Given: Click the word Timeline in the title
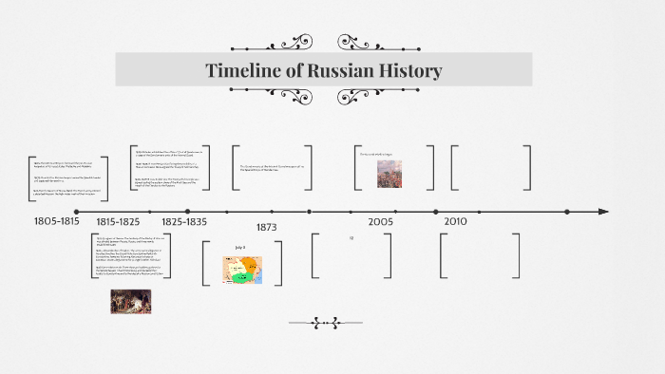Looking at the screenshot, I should [241, 71].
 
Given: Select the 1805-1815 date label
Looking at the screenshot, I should [57, 221].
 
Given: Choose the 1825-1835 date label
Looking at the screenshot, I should [183, 221].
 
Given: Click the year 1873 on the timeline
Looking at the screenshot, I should [266, 228].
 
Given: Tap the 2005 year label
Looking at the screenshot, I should [381, 221].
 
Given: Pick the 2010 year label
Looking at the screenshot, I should [455, 221].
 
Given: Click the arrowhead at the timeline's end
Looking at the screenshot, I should [602, 211].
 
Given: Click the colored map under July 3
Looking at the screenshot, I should [242, 270].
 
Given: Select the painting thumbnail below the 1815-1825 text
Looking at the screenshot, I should [130, 301].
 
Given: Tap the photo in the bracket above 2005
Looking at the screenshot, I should [389, 173].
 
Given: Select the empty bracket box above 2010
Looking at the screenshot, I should [491, 167].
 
